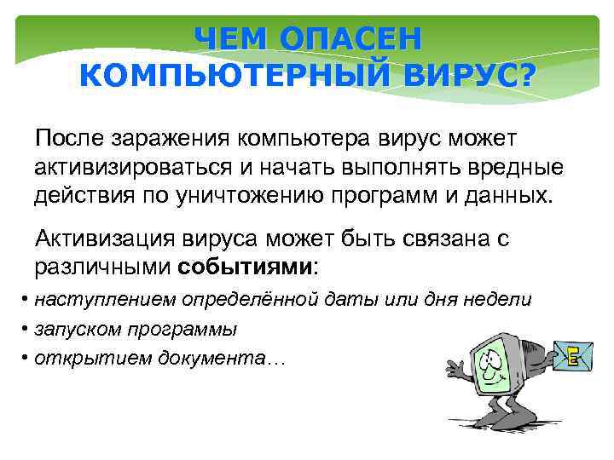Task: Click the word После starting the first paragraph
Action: point(72,138)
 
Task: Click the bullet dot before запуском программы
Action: point(26,328)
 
